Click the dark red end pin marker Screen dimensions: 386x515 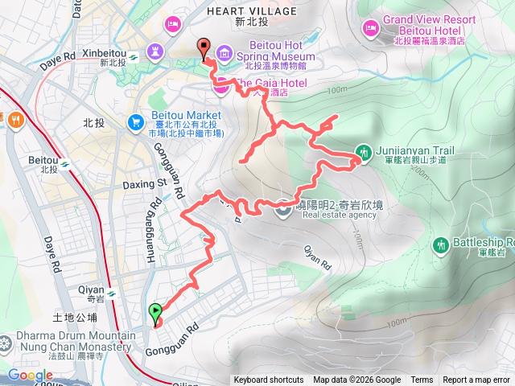(x=204, y=48)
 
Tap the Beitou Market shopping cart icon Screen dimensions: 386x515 (x=136, y=121)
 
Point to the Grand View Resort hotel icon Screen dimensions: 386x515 (x=370, y=28)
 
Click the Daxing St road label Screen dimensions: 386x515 (x=143, y=183)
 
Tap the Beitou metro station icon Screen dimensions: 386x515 (x=64, y=166)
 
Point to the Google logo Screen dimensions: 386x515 (x=31, y=376)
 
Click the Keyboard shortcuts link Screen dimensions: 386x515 (x=269, y=380)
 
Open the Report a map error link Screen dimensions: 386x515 (x=476, y=380)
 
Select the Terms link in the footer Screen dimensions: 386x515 (x=422, y=380)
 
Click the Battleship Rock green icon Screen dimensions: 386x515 (x=440, y=244)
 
